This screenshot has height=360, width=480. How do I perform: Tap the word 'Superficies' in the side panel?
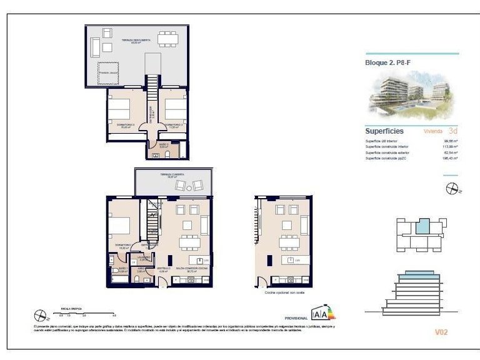pyautogui.click(x=384, y=131)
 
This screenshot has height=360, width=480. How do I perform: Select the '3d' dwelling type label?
pyautogui.click(x=453, y=131)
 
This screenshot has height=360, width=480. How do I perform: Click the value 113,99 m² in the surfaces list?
pyautogui.click(x=450, y=147)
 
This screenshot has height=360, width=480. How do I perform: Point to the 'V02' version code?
pyautogui.click(x=441, y=332)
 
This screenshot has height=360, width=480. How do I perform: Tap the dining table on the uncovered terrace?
pyautogui.click(x=167, y=39)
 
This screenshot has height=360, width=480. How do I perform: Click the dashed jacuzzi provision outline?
pyautogui.click(x=113, y=74)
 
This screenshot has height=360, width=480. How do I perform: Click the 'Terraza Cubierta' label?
pyautogui.click(x=173, y=174)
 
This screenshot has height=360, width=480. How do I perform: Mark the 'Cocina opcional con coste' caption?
pyautogui.click(x=283, y=292)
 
